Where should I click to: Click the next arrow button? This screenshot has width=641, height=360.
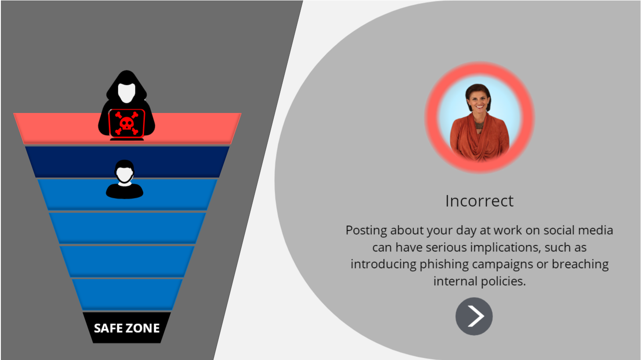coord(474,316)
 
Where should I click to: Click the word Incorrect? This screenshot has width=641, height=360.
coord(479,201)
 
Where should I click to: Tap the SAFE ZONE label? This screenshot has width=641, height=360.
coord(127,328)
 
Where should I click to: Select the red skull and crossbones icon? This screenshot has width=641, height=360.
coord(127,124)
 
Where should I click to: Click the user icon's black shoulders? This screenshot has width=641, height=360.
coord(124,191)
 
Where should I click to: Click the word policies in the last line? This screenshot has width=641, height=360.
coord(503,281)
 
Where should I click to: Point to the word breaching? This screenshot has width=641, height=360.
coord(580,264)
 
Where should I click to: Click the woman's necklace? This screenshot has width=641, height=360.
coord(479,124)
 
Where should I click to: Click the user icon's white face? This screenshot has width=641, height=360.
coord(124,174)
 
